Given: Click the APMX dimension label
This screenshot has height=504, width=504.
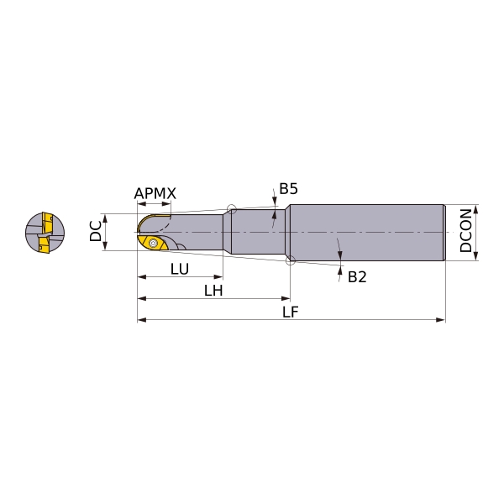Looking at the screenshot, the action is [x=155, y=193].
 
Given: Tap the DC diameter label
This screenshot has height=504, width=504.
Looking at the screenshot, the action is [x=96, y=231].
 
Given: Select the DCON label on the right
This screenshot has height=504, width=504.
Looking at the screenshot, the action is [x=465, y=230].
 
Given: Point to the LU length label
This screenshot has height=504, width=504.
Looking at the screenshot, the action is [x=180, y=269].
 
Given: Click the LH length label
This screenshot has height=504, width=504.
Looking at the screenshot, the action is [x=213, y=291].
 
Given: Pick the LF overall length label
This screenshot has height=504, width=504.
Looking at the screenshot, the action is [x=291, y=312].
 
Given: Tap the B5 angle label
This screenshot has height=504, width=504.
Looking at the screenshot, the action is [x=288, y=189].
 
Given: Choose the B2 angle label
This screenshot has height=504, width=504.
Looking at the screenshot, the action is [x=357, y=276].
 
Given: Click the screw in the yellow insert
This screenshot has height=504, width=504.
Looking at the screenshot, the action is [x=154, y=244].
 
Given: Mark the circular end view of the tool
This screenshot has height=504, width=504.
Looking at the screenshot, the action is [x=45, y=233].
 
